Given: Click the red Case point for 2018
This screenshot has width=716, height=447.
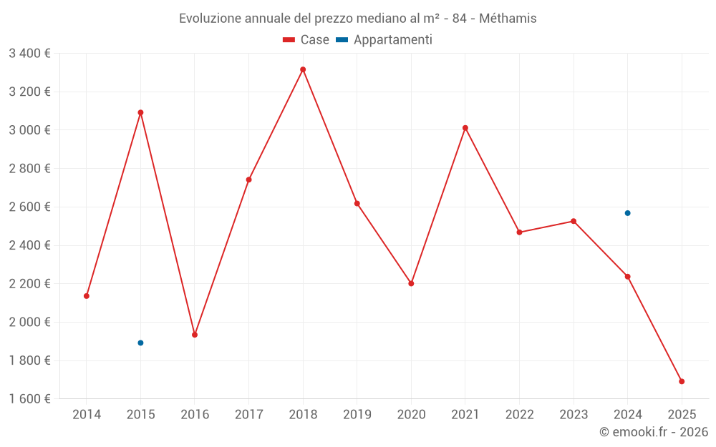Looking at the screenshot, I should pyautogui.click(x=303, y=69).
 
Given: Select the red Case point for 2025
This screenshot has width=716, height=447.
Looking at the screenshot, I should pyautogui.click(x=682, y=381).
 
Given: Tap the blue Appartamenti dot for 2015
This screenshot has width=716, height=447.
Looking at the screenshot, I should pyautogui.click(x=140, y=343).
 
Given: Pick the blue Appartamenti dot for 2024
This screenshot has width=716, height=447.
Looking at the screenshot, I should pyautogui.click(x=628, y=213).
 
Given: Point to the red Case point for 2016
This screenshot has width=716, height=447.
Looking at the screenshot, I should pyautogui.click(x=195, y=335).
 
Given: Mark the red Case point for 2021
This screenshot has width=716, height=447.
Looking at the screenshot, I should pyautogui.click(x=465, y=128).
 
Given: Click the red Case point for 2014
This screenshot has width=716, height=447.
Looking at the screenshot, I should pyautogui.click(x=87, y=296).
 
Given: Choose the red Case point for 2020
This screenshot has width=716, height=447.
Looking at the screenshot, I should pyautogui.click(x=411, y=283).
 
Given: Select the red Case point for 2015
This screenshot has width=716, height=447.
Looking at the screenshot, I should pyautogui.click(x=140, y=112).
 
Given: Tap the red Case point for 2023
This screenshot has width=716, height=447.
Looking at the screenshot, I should pyautogui.click(x=574, y=221).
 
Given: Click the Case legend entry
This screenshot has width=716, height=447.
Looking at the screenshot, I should pyautogui.click(x=306, y=40).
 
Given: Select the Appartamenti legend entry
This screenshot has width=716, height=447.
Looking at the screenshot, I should pyautogui.click(x=384, y=40).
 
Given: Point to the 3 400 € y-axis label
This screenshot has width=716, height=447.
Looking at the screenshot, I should pyautogui.click(x=29, y=53).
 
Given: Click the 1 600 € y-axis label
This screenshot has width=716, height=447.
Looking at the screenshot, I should pyautogui.click(x=29, y=398).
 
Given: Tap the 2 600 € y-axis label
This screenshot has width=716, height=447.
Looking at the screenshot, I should pyautogui.click(x=29, y=207).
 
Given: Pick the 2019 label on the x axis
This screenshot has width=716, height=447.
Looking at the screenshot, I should pyautogui.click(x=357, y=414).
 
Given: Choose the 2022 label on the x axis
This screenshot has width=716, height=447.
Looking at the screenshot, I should pyautogui.click(x=519, y=414).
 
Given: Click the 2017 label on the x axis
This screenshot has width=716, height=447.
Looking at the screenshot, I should pyautogui.click(x=248, y=414).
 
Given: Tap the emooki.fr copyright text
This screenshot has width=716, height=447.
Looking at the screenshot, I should pyautogui.click(x=654, y=432).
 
